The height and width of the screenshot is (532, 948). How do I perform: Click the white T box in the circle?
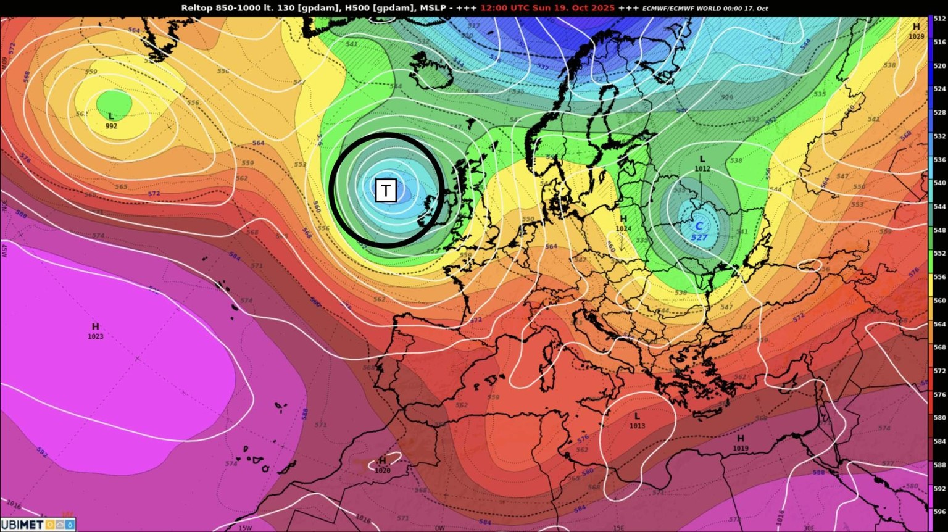pos(386,191)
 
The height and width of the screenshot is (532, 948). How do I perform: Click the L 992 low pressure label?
pos(111,121)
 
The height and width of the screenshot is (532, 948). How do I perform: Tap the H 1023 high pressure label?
pos(96,331)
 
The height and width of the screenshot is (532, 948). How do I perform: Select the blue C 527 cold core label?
pos(699,231)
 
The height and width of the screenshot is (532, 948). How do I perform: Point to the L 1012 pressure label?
pos(702,164)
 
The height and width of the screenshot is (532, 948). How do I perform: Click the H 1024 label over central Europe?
pos(623,223)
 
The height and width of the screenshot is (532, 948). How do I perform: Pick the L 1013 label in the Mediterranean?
pos(637,421)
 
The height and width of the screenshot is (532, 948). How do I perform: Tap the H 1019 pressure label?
pos(741,443)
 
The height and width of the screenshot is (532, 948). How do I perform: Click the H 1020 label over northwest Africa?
pos(383,465)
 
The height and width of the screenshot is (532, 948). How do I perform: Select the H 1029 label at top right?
pos(916,31)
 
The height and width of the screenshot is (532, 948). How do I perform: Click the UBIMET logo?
pos(37,525)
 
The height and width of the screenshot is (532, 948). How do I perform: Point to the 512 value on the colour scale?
pos(939,19)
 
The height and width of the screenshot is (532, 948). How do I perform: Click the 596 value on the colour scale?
pos(939,512)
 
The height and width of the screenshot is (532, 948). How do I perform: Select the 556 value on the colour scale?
pos(939,277)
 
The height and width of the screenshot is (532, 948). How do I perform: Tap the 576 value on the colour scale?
pos(939,394)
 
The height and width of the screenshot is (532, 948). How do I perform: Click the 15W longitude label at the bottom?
pos(245,528)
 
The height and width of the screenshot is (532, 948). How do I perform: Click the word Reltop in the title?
pos(195,8)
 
